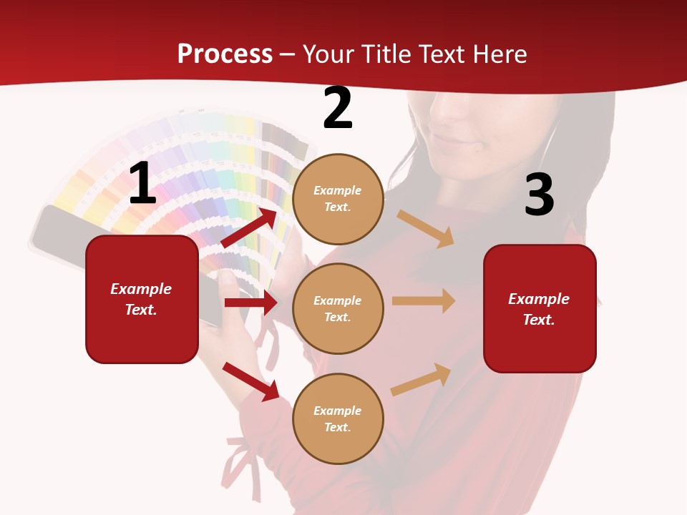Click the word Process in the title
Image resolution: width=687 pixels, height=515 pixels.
225,54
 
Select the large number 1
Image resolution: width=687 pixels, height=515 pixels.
142,185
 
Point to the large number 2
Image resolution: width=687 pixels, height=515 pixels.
337,109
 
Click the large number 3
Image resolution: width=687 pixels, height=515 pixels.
539,195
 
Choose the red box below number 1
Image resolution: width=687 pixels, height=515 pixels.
142,299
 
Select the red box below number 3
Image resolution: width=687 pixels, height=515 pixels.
540,308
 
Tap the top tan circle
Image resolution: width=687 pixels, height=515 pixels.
338,199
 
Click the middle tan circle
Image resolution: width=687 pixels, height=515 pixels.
338,308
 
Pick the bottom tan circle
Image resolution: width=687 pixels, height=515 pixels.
338,418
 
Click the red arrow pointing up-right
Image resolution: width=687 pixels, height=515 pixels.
250,227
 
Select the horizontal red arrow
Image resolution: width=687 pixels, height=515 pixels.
251,303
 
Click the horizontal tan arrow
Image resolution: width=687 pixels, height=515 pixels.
424,301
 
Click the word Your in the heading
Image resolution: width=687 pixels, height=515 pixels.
330,54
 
